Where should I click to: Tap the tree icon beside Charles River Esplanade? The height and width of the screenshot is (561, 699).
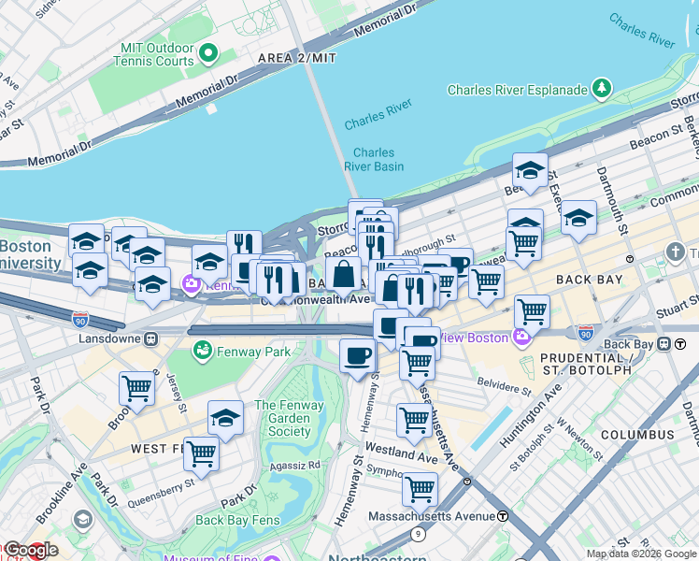604,90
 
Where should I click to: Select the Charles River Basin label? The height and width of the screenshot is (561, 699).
374,160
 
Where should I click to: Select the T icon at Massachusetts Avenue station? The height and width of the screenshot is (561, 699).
503,516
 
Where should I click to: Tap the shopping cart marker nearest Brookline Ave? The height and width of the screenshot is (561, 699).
136,387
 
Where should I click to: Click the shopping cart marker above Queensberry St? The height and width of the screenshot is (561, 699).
201,453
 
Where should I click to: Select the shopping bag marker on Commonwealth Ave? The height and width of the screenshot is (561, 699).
344,274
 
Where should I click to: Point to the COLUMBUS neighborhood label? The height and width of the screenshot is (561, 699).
637,435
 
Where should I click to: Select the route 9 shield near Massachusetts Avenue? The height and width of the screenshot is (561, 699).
418,533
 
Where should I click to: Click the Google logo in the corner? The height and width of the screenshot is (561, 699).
30,551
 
